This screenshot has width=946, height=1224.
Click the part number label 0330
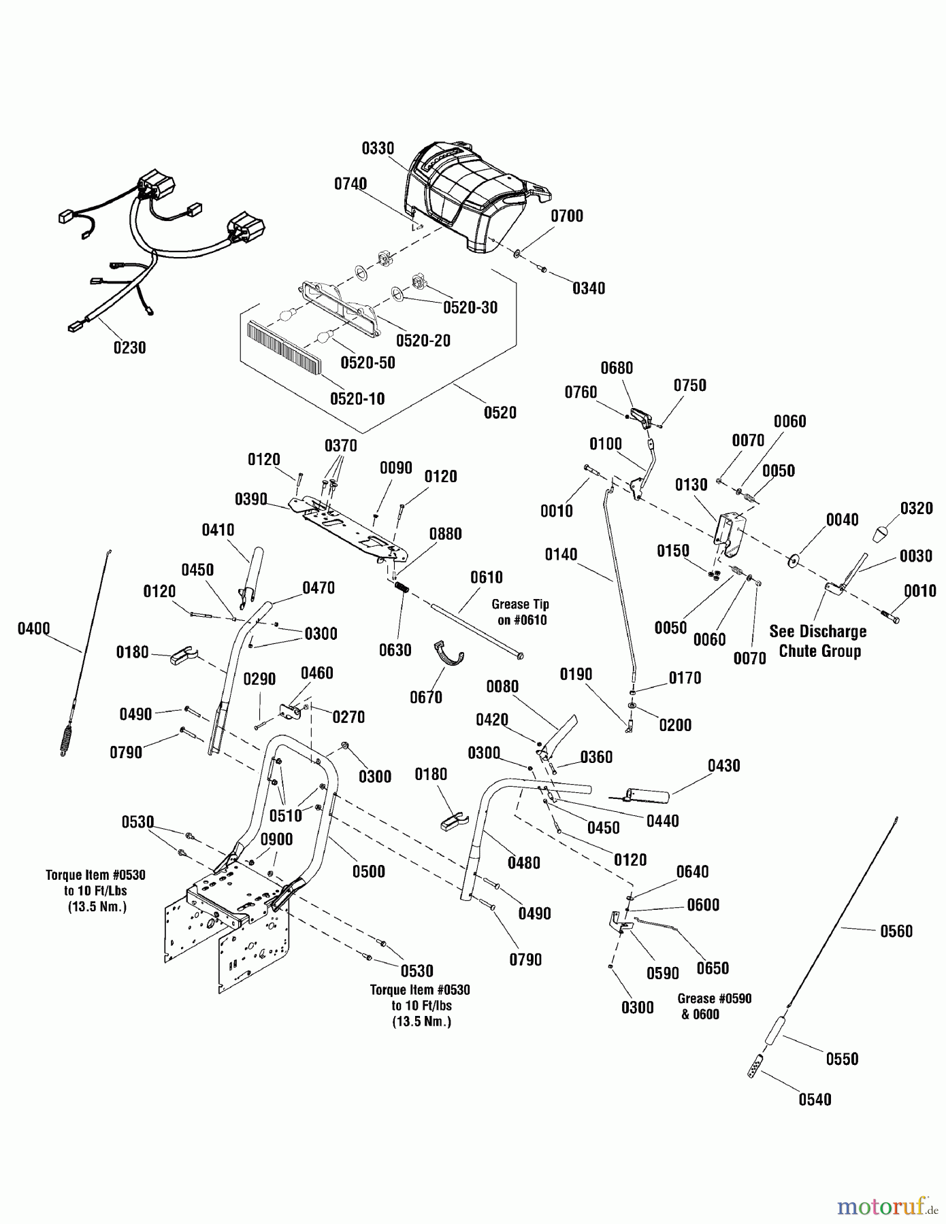point(378,148)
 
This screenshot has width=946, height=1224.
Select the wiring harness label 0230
point(129,347)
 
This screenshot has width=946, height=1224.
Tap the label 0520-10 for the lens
point(357,398)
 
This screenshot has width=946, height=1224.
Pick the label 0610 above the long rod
point(487,577)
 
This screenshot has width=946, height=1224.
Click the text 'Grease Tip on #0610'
point(521,612)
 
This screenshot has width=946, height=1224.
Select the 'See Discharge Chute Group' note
point(819,641)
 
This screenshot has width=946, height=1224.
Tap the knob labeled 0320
point(883,533)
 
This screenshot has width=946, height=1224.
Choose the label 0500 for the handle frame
point(368,871)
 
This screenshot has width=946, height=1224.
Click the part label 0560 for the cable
point(896,931)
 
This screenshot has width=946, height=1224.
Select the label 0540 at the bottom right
point(815,1100)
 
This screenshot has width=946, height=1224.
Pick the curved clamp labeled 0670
point(449,658)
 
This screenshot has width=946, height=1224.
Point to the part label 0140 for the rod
point(561,554)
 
